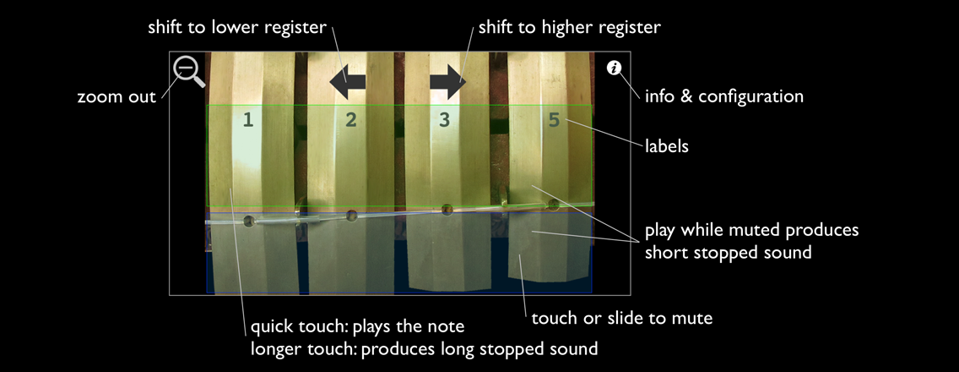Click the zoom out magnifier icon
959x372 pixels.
(187, 69)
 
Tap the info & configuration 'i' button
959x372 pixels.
(614, 68)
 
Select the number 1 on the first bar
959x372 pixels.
(248, 120)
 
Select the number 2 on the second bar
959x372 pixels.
(351, 120)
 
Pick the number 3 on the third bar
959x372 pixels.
(445, 120)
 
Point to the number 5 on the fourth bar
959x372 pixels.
(554, 120)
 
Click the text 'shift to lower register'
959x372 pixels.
(236, 27)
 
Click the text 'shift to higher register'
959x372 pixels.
(569, 27)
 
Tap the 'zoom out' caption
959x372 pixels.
(116, 96)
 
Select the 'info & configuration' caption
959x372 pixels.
(723, 96)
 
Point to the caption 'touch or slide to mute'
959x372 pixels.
(622, 319)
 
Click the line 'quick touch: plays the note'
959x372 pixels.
(357, 327)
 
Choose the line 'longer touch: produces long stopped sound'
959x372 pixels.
(425, 348)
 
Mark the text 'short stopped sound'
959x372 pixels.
(728, 252)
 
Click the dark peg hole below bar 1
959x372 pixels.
(249, 222)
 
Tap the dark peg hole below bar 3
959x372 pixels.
(447, 209)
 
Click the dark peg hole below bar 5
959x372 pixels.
(553, 204)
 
